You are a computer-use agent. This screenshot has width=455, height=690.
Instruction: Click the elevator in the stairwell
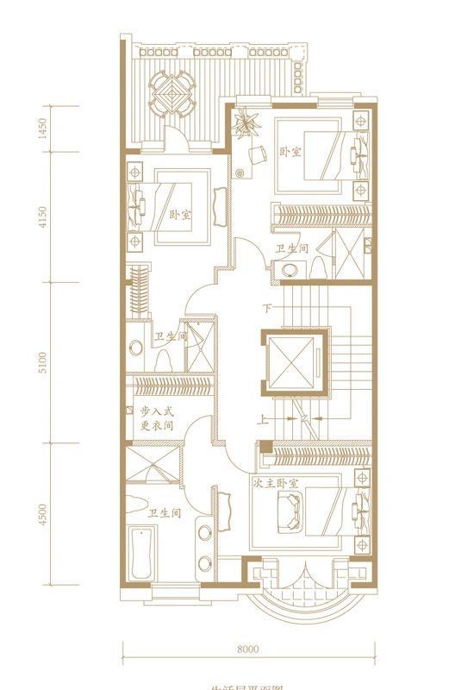tap(294, 362)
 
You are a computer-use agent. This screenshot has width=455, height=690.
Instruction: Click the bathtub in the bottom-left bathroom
tap(139, 555)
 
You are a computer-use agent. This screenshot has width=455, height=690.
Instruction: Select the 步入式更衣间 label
tap(156, 419)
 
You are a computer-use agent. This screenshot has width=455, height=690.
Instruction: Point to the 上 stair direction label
tap(261, 421)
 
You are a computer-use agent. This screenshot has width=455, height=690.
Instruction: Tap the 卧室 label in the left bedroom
tap(179, 215)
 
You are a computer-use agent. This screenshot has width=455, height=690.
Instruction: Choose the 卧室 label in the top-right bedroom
tap(290, 152)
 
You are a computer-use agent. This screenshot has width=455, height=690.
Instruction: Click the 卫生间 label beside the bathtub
tap(163, 513)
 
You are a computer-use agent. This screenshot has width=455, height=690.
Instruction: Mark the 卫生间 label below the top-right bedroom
tap(292, 248)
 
